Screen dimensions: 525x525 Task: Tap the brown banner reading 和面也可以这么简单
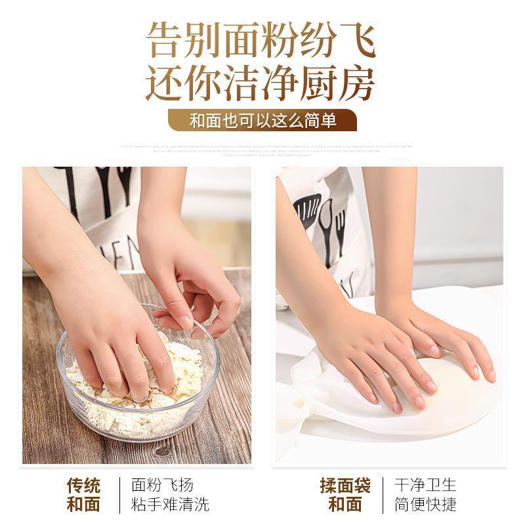pyautogui.click(x=262, y=121)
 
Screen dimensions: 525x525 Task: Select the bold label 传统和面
pyautogui.click(x=83, y=495)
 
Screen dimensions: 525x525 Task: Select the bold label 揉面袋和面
pyautogui.click(x=345, y=495)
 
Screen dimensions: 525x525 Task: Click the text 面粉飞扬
pyautogui.click(x=162, y=485)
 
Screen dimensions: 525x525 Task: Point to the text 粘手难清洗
pyautogui.click(x=170, y=505)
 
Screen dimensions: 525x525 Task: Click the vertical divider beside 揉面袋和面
pyautogui.click(x=382, y=495)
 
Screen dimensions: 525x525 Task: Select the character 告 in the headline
pyautogui.click(x=163, y=41)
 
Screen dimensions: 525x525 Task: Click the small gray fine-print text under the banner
pyautogui.click(x=262, y=149)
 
